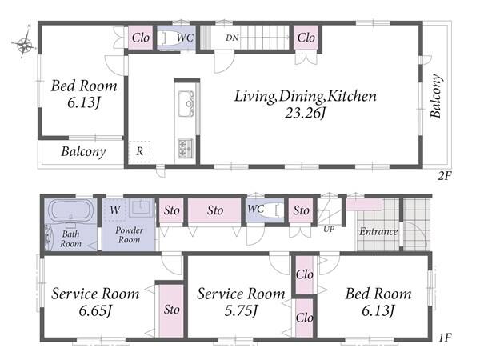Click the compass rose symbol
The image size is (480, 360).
(23, 44)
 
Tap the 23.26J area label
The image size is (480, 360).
(306, 114)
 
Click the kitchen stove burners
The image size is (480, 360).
(186, 148)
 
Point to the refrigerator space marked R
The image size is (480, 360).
(139, 151)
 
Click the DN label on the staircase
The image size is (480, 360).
(232, 38)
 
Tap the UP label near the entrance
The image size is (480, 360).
(329, 229)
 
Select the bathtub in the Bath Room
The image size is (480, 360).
(70, 210)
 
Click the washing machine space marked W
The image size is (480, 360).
(114, 210)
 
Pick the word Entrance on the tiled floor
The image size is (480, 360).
(378, 231)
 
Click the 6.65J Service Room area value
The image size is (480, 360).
(95, 311)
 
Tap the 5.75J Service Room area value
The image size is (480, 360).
(241, 311)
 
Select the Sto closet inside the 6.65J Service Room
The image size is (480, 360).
(171, 310)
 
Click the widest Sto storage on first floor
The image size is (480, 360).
(214, 210)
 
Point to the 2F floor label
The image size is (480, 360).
(444, 176)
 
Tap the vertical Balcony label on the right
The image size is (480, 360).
(436, 96)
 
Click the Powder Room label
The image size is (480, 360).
(129, 234)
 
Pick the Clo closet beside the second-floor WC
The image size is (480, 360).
(141, 38)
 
